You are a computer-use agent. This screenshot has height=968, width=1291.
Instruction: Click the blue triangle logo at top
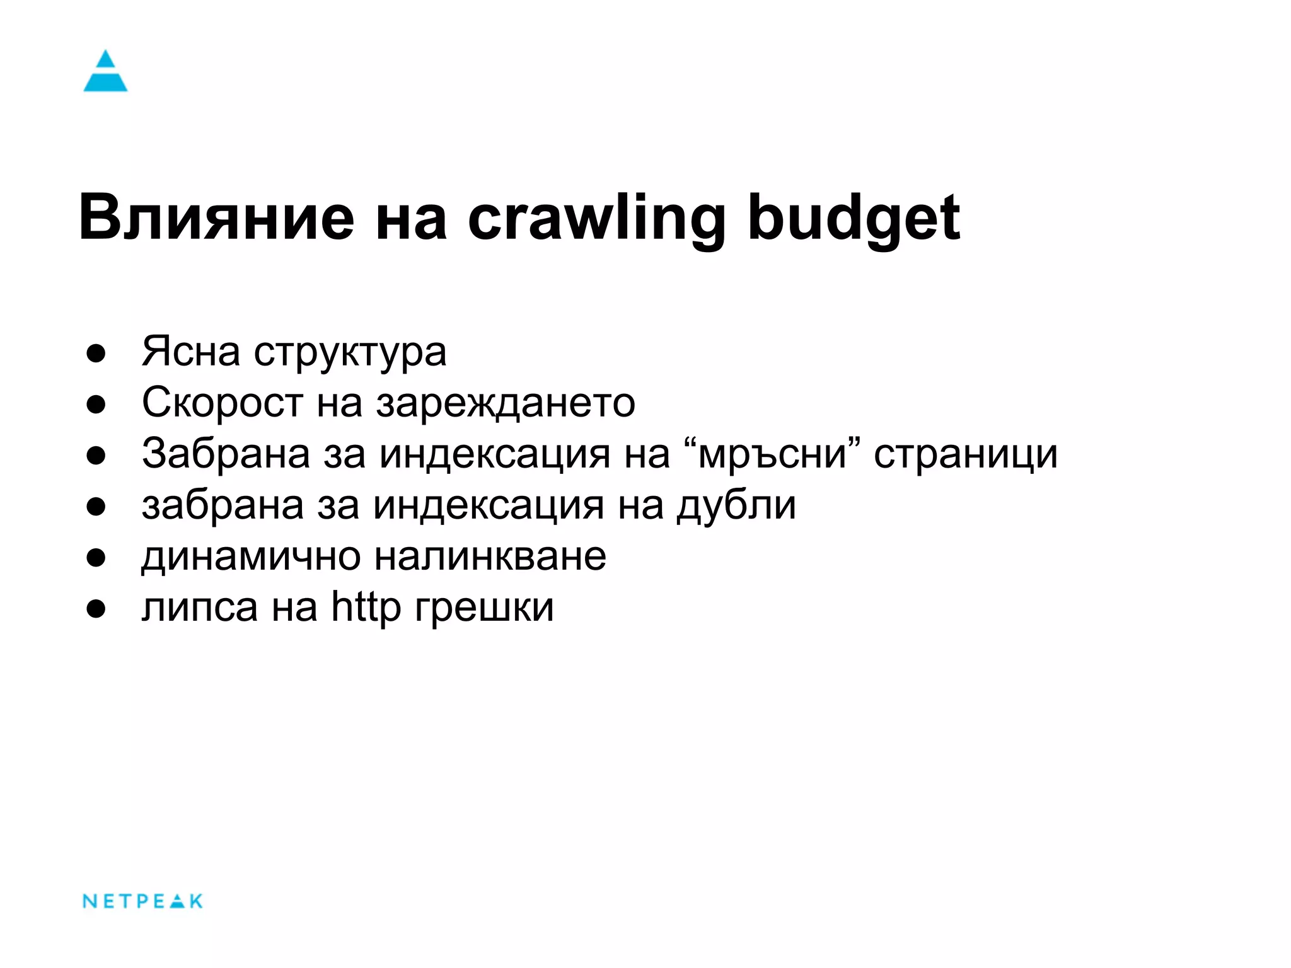tap(105, 71)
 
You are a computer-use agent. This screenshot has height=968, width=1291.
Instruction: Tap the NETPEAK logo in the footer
tap(142, 901)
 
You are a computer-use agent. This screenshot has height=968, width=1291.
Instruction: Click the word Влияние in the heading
tap(216, 217)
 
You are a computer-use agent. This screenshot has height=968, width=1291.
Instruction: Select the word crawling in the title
tap(596, 217)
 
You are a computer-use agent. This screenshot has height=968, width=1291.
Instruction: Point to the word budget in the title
tap(854, 217)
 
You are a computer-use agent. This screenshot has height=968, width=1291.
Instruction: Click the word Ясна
tap(190, 351)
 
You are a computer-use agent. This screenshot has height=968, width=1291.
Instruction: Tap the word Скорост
tap(222, 403)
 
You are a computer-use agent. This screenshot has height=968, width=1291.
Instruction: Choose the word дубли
tap(736, 505)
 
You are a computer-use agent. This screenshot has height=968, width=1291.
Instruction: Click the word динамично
tap(251, 556)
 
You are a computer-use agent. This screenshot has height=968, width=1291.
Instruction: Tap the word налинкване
tap(490, 556)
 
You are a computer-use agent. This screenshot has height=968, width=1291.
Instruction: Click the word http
tap(366, 607)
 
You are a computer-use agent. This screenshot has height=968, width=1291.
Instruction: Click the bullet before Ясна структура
tap(96, 354)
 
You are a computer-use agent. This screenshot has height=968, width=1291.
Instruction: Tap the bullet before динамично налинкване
tap(96, 558)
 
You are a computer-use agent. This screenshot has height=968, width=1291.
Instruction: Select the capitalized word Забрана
tap(226, 454)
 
